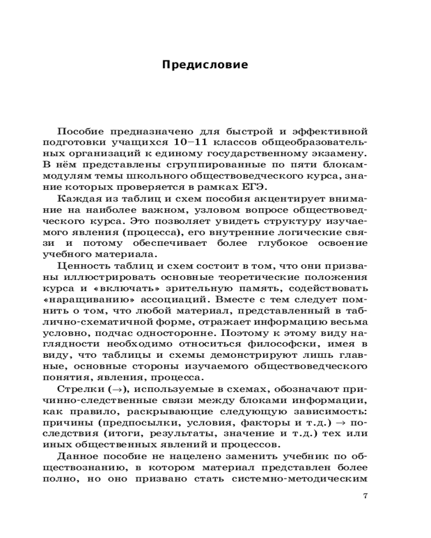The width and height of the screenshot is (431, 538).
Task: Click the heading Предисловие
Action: [205, 65]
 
